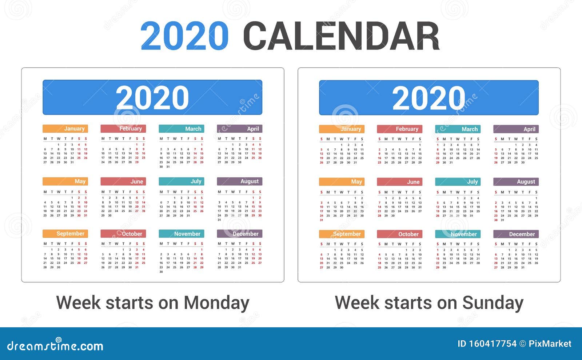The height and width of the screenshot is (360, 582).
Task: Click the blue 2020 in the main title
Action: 184,36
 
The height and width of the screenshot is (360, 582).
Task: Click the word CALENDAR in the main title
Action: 341,36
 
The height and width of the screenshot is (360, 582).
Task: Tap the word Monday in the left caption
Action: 216,303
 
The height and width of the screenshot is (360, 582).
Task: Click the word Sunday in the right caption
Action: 493,303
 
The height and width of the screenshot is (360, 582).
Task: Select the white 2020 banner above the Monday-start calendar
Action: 152,97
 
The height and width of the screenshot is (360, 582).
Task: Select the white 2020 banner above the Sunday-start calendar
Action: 428,98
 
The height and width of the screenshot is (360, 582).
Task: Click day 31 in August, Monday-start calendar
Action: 219,220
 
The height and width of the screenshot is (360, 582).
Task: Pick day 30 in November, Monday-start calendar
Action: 161,272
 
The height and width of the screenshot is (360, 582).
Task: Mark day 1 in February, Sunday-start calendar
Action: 420,145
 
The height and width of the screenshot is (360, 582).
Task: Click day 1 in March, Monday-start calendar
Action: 202,144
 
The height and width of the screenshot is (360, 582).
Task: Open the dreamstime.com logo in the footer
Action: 55,345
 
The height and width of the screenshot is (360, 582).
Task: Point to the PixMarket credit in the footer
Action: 550,344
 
